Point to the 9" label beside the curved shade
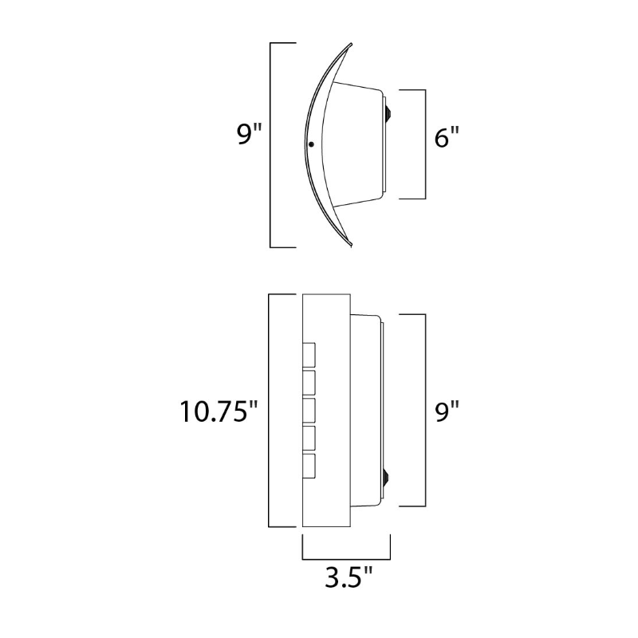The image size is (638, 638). click(x=249, y=134)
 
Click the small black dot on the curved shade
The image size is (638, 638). click(x=312, y=144)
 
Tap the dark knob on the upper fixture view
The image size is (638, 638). click(x=389, y=112)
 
